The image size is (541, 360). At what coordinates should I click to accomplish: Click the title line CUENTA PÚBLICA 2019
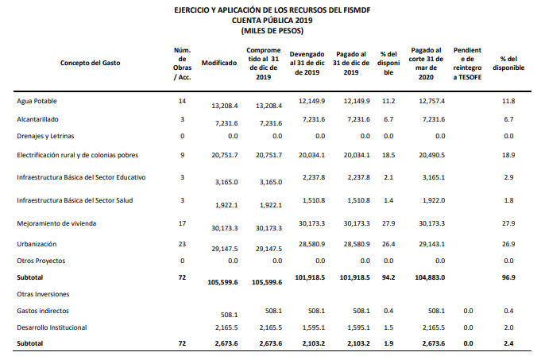tap(271, 20)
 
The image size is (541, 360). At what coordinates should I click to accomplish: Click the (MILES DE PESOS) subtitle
tap(271, 30)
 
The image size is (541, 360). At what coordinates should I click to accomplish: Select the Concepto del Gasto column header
tap(91, 63)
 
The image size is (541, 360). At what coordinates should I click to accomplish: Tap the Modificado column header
tap(220, 63)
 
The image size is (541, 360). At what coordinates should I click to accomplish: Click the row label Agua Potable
tap(37, 101)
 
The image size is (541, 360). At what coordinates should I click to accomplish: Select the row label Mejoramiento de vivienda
tap(56, 223)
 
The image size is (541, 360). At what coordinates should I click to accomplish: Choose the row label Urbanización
tap(37, 243)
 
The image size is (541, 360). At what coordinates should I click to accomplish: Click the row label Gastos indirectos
tap(43, 311)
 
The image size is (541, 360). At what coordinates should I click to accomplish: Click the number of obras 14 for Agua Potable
tap(182, 101)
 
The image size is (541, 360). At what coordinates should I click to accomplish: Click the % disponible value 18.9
tap(508, 155)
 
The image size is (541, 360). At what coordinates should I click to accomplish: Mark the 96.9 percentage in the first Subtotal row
tap(508, 277)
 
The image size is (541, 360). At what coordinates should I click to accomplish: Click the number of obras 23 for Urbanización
tap(182, 243)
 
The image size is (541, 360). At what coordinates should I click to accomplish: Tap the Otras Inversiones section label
tap(41, 294)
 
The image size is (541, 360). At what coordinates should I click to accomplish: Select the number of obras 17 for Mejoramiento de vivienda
tap(182, 223)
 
